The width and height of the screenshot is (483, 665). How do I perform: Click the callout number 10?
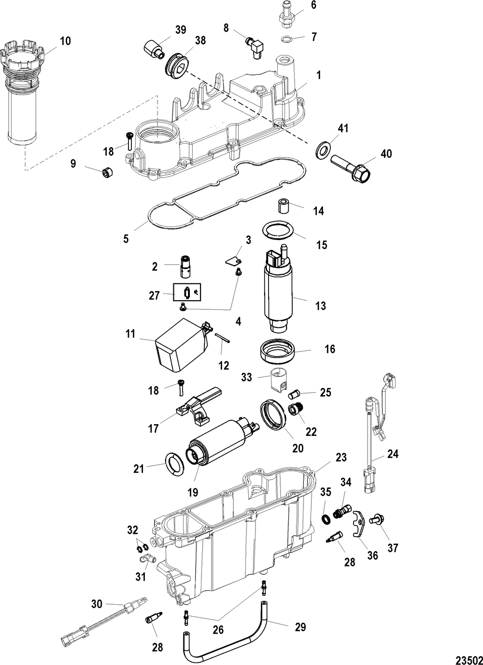coord(65,41)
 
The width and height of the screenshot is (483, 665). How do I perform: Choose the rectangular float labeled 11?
coord(181,344)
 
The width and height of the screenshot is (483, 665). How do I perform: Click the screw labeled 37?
coord(376,519)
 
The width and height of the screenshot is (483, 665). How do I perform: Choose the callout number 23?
coord(341,456)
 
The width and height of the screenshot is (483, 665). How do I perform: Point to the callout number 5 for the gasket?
coord(126,238)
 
